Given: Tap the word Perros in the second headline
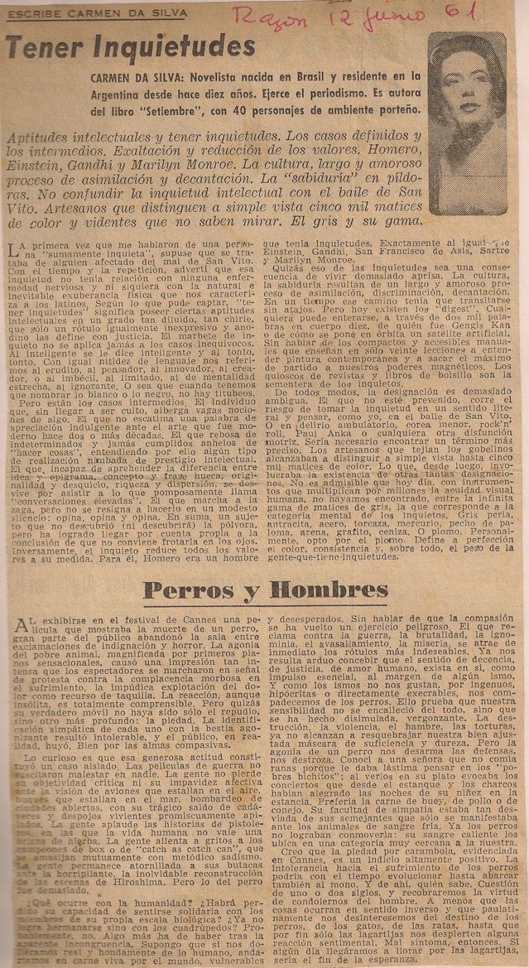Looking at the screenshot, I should pyautogui.click(x=188, y=590).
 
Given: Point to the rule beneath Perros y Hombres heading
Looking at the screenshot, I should pyautogui.click(x=264, y=607).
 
